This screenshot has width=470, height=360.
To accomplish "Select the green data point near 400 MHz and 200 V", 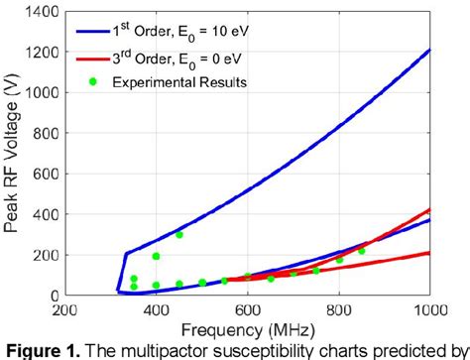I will click(156, 256).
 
